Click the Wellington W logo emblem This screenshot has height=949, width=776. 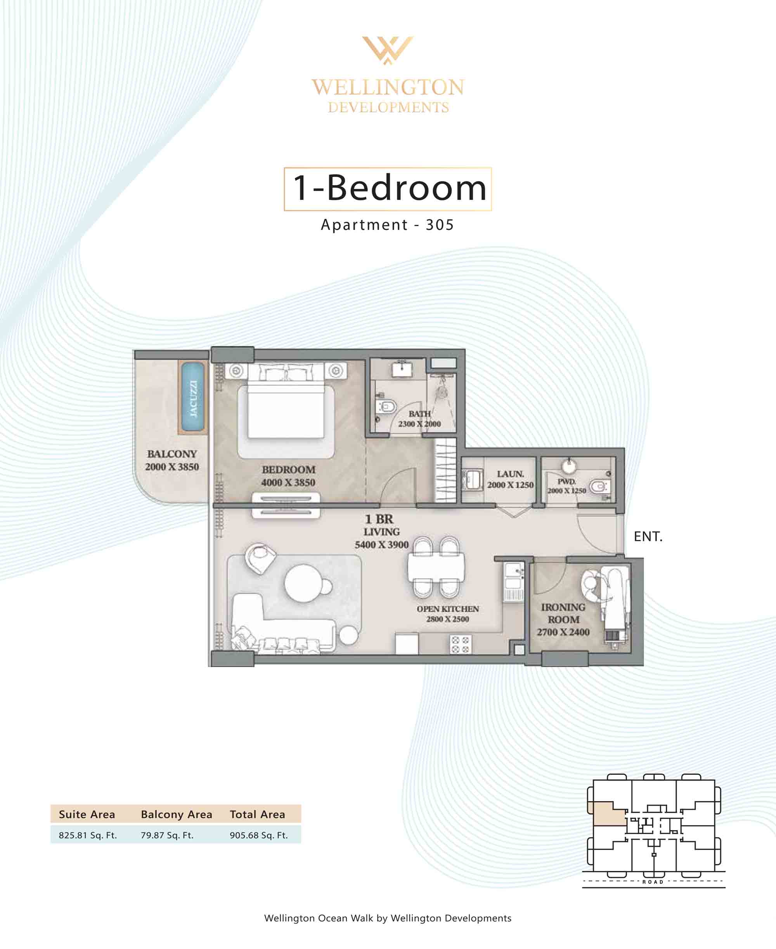pyautogui.click(x=388, y=50)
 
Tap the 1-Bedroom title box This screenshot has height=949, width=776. pyautogui.click(x=388, y=189)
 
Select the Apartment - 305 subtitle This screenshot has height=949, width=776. pyautogui.click(x=388, y=224)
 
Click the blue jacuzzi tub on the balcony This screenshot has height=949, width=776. pyautogui.click(x=193, y=397)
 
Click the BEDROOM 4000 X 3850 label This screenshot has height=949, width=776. pyautogui.click(x=288, y=476)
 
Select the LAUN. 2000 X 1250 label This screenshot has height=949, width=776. pyautogui.click(x=510, y=479)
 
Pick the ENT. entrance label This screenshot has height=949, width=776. pyautogui.click(x=648, y=536)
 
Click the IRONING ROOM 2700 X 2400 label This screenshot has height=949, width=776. pyautogui.click(x=563, y=619)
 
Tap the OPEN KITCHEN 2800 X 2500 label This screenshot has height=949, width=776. pyautogui.click(x=447, y=614)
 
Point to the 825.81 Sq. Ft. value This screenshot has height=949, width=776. pyautogui.click(x=88, y=835)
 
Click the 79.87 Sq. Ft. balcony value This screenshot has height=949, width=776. pyautogui.click(x=167, y=835)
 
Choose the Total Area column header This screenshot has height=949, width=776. pyautogui.click(x=258, y=814)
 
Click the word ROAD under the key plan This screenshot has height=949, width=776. pyautogui.click(x=653, y=882)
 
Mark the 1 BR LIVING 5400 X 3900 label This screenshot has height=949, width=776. pyautogui.click(x=381, y=531)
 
